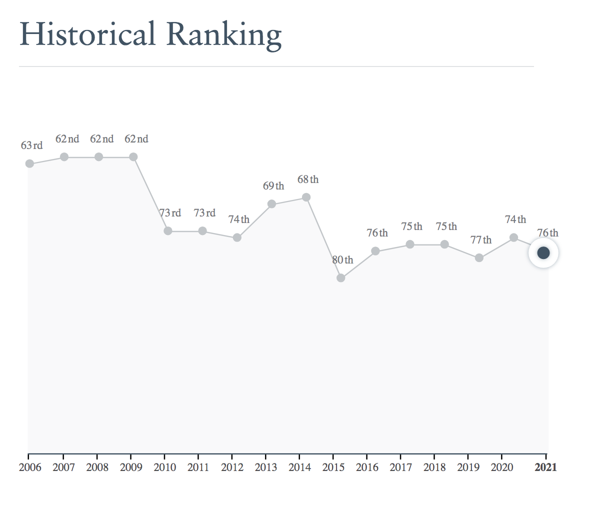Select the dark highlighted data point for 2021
click(x=543, y=253)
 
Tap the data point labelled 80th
click(x=341, y=278)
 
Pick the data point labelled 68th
click(x=306, y=197)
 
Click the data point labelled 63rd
click(x=29, y=163)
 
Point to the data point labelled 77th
click(x=479, y=258)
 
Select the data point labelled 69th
click(x=271, y=204)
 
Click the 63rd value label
click(x=31, y=145)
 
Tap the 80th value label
click(x=342, y=260)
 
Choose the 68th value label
click(x=308, y=179)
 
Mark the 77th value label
click(x=481, y=240)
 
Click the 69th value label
click(x=273, y=186)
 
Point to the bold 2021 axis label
click(x=545, y=467)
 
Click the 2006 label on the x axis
click(x=30, y=467)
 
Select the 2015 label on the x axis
click(x=333, y=467)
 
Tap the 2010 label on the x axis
click(x=165, y=467)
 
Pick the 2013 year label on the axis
click(x=266, y=467)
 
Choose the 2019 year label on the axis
click(x=468, y=467)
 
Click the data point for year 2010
click(x=168, y=231)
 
